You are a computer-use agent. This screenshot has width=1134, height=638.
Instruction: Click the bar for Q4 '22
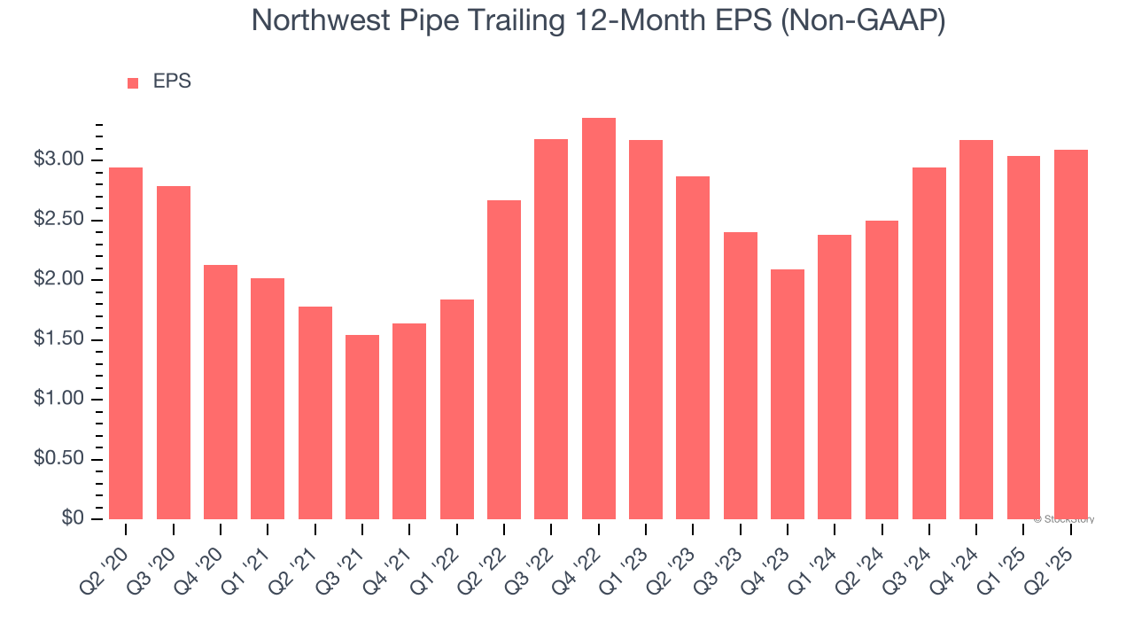coord(599,319)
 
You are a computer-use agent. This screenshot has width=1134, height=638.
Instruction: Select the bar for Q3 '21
coord(362,427)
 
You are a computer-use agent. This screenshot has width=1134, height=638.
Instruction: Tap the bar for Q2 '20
coord(126,344)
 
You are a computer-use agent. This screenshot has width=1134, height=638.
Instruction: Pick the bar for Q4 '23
coord(788,394)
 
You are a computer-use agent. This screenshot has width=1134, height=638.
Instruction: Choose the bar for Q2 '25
coord(1071,335)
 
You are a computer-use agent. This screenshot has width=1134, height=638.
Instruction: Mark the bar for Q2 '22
coord(504,360)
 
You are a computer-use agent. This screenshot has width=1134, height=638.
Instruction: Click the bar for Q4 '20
coord(221,392)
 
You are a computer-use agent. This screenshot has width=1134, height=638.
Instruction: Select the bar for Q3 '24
coord(929,344)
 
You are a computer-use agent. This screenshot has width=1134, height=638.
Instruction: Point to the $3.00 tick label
coord(58,160)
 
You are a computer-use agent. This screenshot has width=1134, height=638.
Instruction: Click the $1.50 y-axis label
coord(58,340)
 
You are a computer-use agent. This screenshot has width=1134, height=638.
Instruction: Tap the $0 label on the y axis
coord(73,519)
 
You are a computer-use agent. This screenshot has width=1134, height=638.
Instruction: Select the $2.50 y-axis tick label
coord(58,221)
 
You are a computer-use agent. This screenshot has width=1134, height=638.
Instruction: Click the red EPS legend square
coord(133,83)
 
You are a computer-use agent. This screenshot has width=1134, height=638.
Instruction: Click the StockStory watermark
coord(1064,519)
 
